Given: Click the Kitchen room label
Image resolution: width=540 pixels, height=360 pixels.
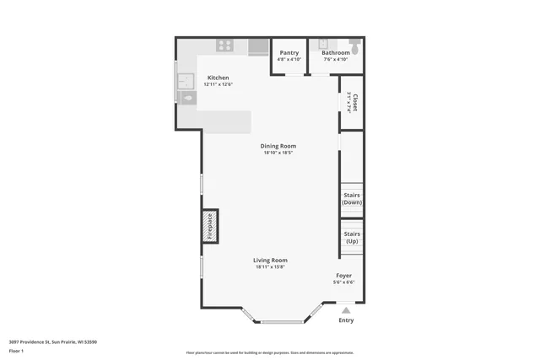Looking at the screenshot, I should coord(218,78).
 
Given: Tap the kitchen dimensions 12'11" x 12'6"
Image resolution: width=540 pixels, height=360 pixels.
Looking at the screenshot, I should coord(218,84).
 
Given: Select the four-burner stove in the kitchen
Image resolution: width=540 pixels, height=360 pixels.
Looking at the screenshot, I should coord(224,46).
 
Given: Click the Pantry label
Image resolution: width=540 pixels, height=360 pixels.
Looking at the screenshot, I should coord(289,52).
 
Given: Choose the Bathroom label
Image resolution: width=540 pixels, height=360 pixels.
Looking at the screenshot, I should coord(335,52).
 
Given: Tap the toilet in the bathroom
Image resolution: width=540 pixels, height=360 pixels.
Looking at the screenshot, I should coord(355,47).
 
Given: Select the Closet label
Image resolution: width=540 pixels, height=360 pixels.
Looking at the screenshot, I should coord(355,102).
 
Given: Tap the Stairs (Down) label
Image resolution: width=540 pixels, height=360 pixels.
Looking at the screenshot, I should coord(352,199).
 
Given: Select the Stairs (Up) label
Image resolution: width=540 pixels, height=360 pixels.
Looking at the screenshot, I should coord(352,237).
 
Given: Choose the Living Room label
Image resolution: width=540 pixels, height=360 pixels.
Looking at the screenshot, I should coord(270,261).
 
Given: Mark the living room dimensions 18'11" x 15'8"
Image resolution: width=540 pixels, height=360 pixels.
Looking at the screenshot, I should coord(270,267).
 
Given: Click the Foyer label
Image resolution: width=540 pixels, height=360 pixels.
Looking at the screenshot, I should coord(344,276).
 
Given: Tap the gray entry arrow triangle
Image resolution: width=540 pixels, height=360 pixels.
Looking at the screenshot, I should coord(346,310).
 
